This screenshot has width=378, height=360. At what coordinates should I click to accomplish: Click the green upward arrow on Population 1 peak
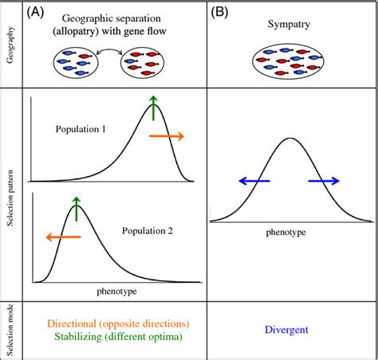[154, 107]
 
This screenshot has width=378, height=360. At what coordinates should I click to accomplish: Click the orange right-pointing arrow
[167, 137]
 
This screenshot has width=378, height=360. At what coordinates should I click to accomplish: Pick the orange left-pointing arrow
[61, 237]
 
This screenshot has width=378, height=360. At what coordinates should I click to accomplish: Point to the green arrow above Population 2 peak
[77, 208]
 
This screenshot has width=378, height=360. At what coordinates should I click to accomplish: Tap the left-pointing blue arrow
[254, 182]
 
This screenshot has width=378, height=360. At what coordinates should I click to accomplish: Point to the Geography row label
[10, 47]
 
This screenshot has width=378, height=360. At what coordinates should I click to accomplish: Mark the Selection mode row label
[10, 329]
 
